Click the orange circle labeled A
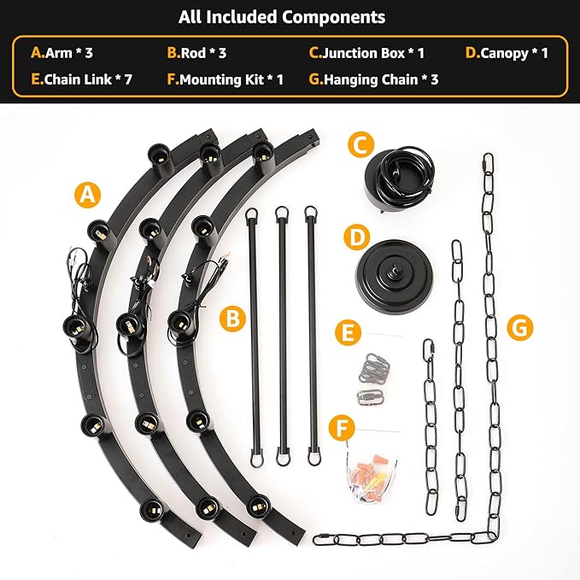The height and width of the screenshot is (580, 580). [88, 195]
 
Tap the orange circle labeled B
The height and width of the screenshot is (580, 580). [232, 319]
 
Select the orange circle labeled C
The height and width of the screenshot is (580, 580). [361, 144]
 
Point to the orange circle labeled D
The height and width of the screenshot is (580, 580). [357, 237]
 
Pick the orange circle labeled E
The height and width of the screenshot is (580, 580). [348, 333]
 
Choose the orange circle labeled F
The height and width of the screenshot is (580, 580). [342, 428]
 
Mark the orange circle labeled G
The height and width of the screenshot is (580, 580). [520, 328]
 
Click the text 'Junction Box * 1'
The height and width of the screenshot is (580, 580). [373, 53]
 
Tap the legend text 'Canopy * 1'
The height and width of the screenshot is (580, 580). [514, 54]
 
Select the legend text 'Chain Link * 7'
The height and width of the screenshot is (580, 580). [88, 79]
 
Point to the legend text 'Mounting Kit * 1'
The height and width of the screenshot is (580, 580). [231, 80]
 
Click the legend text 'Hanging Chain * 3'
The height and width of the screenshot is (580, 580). [381, 80]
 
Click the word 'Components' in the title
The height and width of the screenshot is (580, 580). [334, 18]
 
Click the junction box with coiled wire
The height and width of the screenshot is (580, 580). [399, 179]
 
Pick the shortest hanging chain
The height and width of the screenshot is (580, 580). [431, 427]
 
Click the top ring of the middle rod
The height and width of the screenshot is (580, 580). [282, 213]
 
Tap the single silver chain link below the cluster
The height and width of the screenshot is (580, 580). [371, 398]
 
